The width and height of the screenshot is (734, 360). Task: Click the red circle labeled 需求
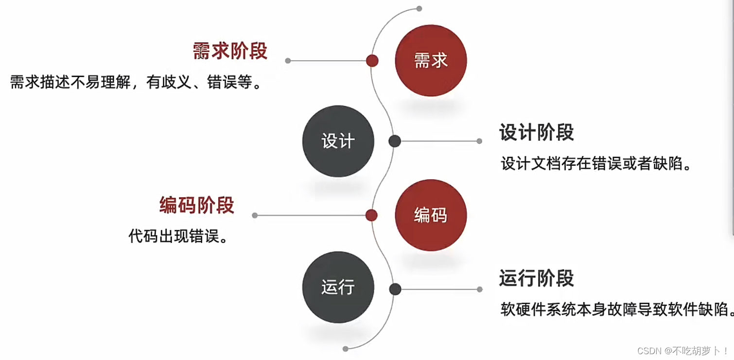click(x=431, y=61)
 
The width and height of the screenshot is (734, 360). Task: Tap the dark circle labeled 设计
click(x=338, y=141)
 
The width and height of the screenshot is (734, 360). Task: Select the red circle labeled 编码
click(x=431, y=215)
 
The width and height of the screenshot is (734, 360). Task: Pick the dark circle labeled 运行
click(x=338, y=287)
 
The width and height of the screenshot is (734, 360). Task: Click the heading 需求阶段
click(x=230, y=51)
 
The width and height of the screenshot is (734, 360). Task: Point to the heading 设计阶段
click(x=537, y=133)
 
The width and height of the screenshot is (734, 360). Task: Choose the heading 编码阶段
click(x=197, y=206)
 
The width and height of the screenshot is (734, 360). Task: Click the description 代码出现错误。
click(x=178, y=237)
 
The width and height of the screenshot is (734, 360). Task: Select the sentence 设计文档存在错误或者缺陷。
click(x=596, y=164)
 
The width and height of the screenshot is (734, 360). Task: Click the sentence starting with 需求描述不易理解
click(x=137, y=82)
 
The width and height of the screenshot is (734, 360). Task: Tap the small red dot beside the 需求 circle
click(x=372, y=61)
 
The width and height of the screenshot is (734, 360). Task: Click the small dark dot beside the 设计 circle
click(x=395, y=141)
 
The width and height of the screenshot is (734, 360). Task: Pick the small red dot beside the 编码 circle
click(x=371, y=215)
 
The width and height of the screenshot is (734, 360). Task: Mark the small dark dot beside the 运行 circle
click(x=395, y=289)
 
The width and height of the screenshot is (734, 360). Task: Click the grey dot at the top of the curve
click(x=419, y=9)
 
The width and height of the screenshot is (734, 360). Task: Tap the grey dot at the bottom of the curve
click(x=345, y=349)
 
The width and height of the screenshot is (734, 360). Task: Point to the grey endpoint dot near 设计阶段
click(x=479, y=141)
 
